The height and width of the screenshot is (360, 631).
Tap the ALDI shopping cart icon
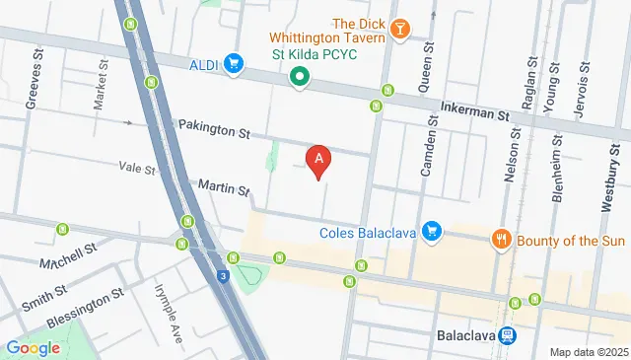[x=234, y=65]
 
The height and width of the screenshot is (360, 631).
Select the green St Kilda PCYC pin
[x=299, y=75]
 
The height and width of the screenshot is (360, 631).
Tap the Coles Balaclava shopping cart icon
[x=430, y=232]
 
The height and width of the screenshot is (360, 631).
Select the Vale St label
[x=137, y=170]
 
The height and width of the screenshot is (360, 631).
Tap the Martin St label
[x=223, y=186]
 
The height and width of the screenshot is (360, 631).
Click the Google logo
[x=34, y=347]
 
